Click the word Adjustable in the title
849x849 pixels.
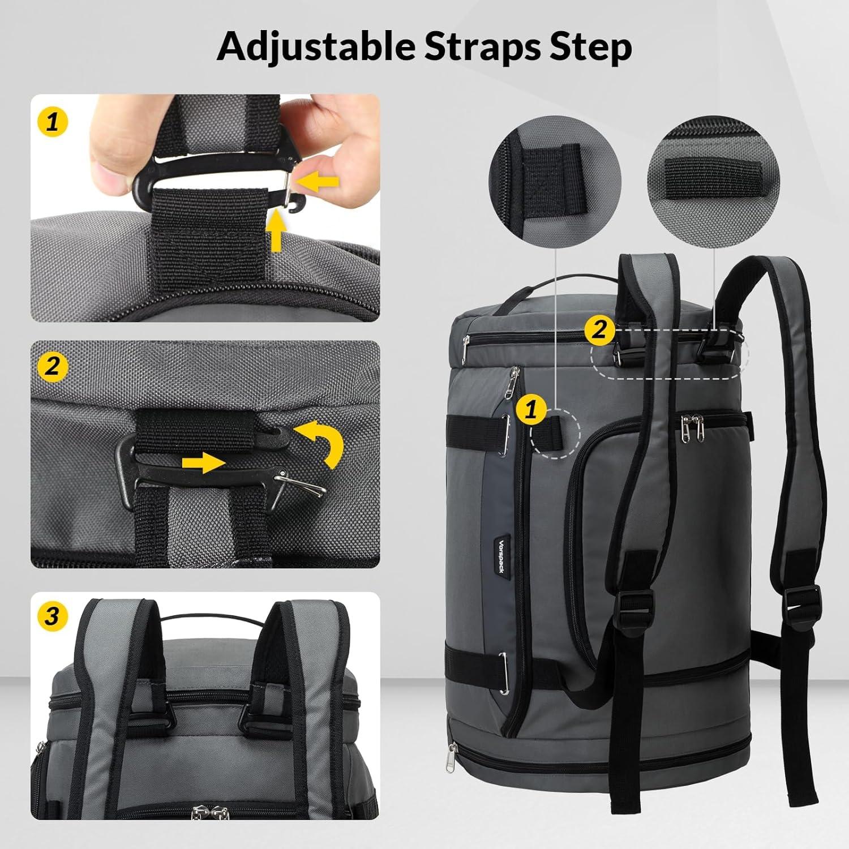point(316,46)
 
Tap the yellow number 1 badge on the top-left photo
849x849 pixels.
point(53,121)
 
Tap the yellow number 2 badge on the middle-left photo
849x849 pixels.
point(53,367)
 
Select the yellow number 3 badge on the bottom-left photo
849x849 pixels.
point(53,616)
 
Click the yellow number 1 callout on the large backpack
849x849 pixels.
point(531,409)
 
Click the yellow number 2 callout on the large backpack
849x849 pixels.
point(599,329)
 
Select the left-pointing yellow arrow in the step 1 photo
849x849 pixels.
point(318,181)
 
